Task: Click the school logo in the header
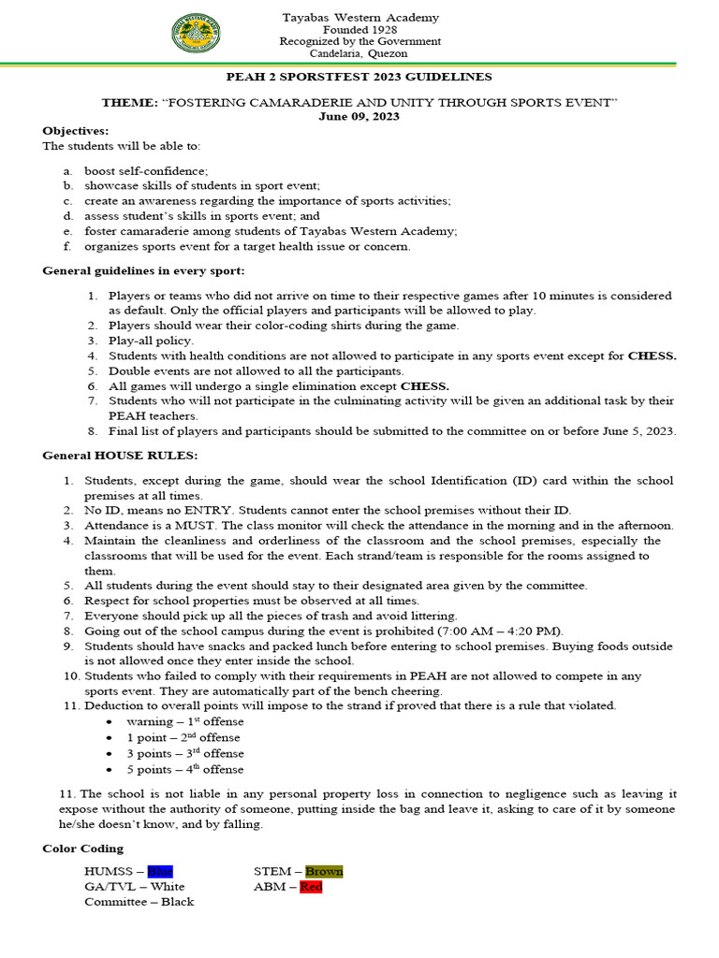click(197, 35)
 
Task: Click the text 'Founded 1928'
click(360, 30)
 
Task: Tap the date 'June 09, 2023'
click(359, 116)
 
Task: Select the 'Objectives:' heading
click(76, 131)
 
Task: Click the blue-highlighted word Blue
click(160, 871)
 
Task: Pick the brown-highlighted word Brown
click(324, 871)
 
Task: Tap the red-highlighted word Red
click(311, 886)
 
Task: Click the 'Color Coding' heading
click(82, 849)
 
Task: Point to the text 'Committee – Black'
click(139, 901)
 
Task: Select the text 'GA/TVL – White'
click(134, 886)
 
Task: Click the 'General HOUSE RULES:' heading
click(120, 455)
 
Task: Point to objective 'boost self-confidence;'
click(146, 171)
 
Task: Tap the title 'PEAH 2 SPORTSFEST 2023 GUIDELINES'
click(359, 77)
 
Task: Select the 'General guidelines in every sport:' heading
click(144, 270)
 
